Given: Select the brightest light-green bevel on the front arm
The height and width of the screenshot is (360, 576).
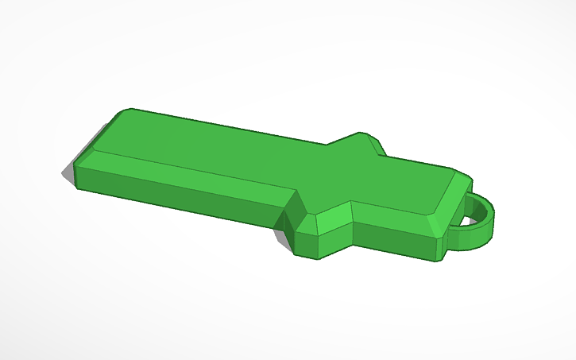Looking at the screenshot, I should [x=334, y=219].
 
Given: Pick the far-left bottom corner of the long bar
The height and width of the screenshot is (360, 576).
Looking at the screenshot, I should [x=76, y=188].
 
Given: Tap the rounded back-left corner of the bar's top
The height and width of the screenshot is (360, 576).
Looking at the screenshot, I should [x=123, y=112].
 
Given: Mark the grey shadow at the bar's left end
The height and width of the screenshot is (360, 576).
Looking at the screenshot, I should [x=67, y=171].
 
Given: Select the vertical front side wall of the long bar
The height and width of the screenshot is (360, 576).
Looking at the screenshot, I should [x=183, y=199].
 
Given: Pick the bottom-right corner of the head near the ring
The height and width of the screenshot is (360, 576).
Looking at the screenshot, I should [x=439, y=261].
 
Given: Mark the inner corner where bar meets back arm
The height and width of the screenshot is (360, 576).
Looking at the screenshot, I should [x=326, y=145].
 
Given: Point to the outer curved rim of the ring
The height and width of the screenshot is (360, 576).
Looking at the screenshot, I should [x=494, y=215].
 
